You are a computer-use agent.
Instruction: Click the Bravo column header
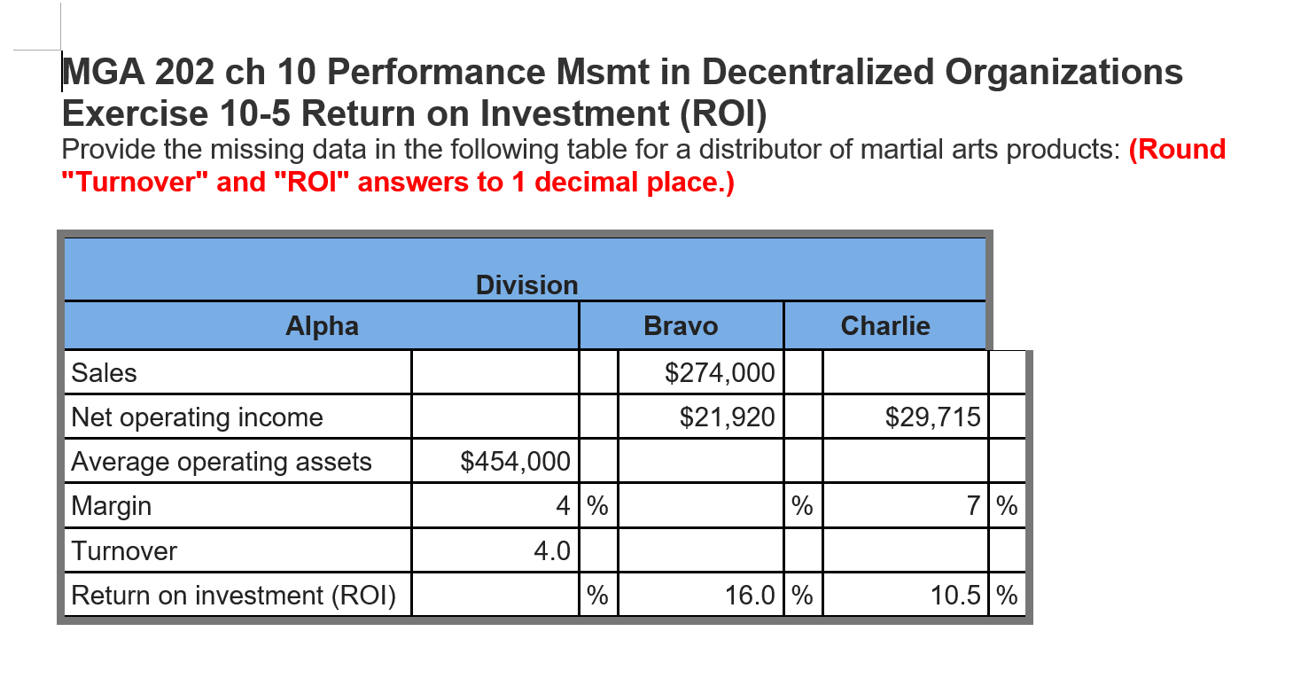[x=681, y=326]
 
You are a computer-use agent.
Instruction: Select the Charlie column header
[x=884, y=326]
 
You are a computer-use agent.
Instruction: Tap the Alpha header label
[x=322, y=326]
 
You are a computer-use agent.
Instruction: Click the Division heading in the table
[x=526, y=285]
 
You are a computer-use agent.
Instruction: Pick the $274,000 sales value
[x=721, y=373]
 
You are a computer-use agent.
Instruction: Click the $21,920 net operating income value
[x=727, y=417]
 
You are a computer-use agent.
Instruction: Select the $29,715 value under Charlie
[x=932, y=417]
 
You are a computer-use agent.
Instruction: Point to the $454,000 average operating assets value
[x=516, y=462]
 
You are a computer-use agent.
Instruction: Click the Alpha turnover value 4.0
[x=551, y=551]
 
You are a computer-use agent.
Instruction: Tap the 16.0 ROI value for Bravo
[x=750, y=596]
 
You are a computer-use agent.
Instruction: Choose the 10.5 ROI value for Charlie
[x=955, y=596]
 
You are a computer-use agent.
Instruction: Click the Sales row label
[x=105, y=373]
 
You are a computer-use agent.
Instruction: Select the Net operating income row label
[x=197, y=417]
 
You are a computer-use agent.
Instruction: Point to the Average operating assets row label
[x=222, y=462]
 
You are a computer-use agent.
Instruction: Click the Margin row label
[x=112, y=506]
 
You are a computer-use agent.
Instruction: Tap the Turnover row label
[x=124, y=551]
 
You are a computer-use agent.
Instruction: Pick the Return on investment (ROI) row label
[x=234, y=596]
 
